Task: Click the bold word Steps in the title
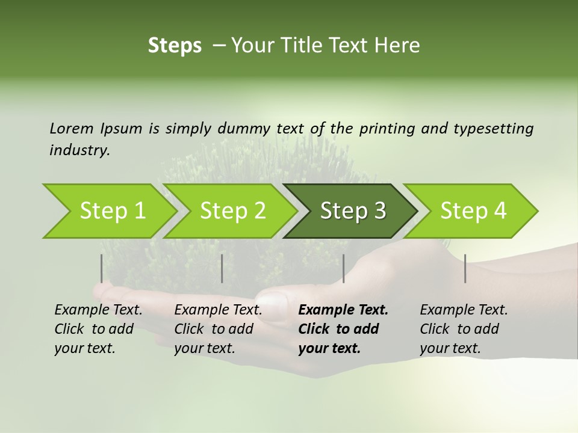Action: coord(175,46)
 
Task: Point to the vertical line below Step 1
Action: coord(102,268)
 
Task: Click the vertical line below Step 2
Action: coord(222,268)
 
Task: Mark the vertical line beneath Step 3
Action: coord(344,268)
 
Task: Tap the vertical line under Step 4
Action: coord(465,268)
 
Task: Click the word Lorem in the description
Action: coord(71,128)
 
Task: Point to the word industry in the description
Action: coord(79,150)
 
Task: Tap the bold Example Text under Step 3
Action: coord(343,310)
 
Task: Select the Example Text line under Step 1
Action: coord(98,310)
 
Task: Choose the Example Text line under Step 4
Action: coord(464,310)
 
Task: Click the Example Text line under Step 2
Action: coord(218,310)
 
